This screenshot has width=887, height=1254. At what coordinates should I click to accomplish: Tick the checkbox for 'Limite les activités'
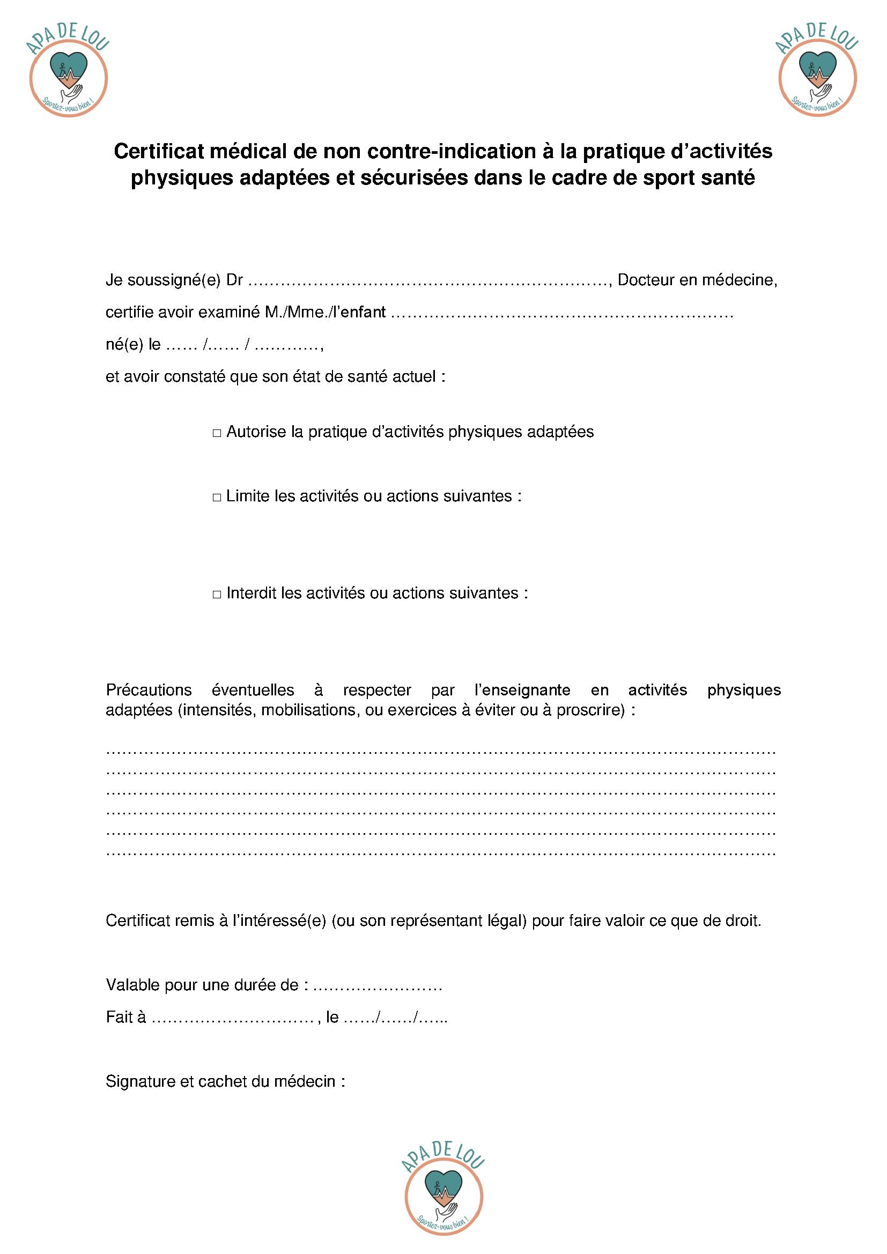pyautogui.click(x=217, y=498)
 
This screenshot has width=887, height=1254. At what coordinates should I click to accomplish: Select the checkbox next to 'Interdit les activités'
pyautogui.click(x=217, y=594)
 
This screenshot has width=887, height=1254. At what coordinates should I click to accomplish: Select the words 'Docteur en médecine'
pyautogui.click(x=697, y=281)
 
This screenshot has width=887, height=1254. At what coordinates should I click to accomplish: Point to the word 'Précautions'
pyautogui.click(x=149, y=691)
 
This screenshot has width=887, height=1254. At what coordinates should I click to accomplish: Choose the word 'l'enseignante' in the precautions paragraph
pyautogui.click(x=522, y=691)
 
